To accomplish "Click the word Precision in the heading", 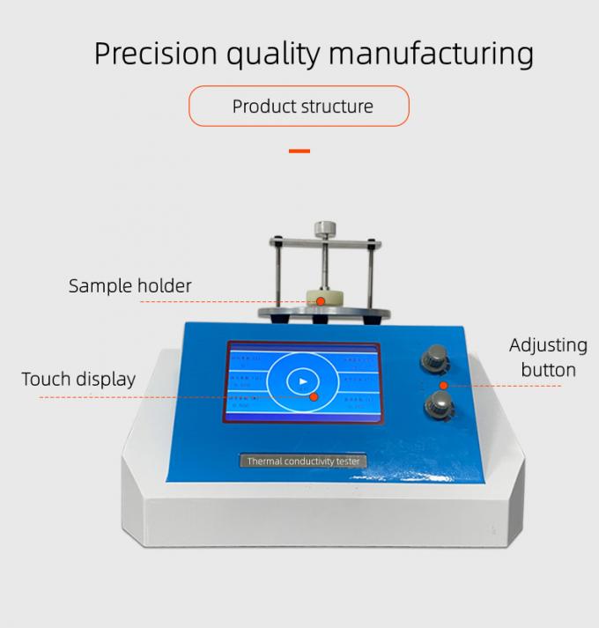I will (155, 54).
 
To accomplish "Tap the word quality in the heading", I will (273, 55).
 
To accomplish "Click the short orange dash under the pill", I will (299, 151).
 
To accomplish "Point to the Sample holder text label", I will (130, 285).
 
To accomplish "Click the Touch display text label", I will (79, 379).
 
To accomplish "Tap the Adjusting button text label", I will (548, 357).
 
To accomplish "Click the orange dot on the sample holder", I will (322, 301).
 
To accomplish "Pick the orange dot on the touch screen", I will (314, 396).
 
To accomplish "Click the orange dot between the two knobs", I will (445, 385).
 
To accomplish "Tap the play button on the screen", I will (302, 381).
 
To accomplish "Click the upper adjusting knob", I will (433, 357).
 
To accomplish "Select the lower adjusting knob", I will (436, 405).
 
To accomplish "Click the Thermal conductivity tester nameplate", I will (304, 461).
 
